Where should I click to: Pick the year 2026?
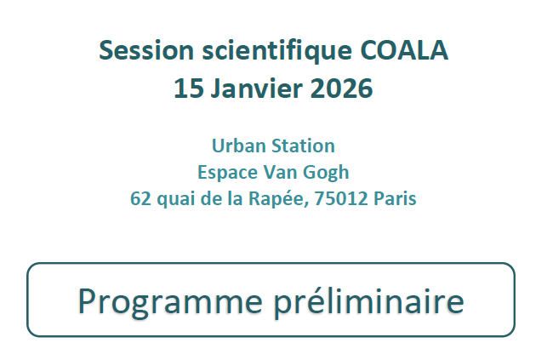pos(341,88)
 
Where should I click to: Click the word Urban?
pos(236,146)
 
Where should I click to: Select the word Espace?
pos(225,172)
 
